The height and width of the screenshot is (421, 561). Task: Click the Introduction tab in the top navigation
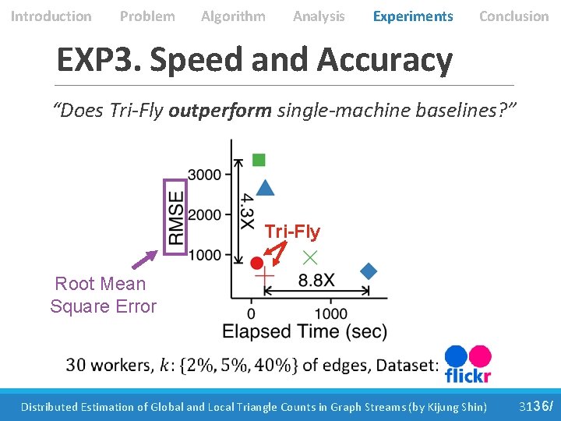[x=51, y=16]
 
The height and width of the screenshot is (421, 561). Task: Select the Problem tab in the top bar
[x=147, y=16]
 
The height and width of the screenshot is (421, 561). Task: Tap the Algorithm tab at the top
[x=233, y=16]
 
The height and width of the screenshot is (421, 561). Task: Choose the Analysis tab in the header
[x=319, y=16]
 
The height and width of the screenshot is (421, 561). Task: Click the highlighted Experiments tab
[x=413, y=16]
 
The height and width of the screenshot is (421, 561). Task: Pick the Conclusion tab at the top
[x=513, y=16]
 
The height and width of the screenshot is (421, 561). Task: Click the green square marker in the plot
[x=259, y=160]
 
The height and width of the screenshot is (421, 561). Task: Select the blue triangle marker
[x=265, y=188]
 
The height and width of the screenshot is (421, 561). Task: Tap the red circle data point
[x=257, y=264]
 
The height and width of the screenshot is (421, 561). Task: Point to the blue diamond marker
[x=369, y=271]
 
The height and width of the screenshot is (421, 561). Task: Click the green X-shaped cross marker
[x=310, y=256]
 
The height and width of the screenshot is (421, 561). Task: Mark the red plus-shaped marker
[x=265, y=274]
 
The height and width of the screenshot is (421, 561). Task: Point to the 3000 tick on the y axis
[x=204, y=174]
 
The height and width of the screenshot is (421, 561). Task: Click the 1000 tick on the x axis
[x=332, y=313]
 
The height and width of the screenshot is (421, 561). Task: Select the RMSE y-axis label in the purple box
[x=176, y=218]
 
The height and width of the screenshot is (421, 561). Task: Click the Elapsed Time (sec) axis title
[x=304, y=331]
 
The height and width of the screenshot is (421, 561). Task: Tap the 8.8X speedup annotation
[x=316, y=280]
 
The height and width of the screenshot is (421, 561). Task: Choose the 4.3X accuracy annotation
[x=245, y=211]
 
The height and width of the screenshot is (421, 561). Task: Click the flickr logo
[x=467, y=365]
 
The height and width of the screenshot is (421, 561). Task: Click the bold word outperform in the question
[x=220, y=111]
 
